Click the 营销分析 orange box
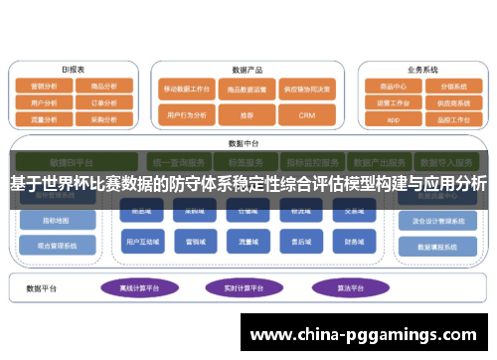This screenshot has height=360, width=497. point(44,87)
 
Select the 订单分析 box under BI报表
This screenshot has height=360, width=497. point(103,101)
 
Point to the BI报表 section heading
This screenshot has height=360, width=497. point(74,70)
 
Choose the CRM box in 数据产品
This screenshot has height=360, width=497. point(306,115)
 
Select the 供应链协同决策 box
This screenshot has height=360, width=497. point(306,90)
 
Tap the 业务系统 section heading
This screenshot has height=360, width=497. point(421,70)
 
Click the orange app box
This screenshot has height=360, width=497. point(394,117)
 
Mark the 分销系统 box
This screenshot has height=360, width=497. point(453,87)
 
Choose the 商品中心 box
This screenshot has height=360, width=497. point(394,87)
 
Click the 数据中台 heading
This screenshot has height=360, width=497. point(244,142)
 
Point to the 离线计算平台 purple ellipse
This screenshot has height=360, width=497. point(141,288)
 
